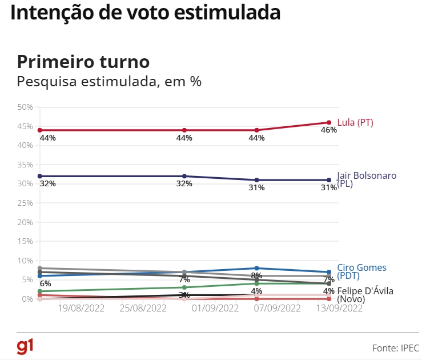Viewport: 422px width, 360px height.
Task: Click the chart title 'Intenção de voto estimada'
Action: coord(146,13)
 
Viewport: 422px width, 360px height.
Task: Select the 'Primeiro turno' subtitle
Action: coord(83,62)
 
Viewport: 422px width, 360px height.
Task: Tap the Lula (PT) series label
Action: coord(355,122)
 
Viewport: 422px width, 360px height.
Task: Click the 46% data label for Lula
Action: coord(329,130)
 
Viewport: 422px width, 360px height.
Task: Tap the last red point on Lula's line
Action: coord(329,122)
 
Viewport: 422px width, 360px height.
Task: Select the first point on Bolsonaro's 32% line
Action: coord(39,176)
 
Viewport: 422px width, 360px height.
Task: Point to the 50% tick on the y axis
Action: coord(25,107)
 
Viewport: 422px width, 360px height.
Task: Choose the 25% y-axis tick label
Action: coord(25,203)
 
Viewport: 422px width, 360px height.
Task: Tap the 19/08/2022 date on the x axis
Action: coord(79,309)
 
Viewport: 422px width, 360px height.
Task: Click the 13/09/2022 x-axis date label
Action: coord(340,309)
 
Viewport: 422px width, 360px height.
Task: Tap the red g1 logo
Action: coord(25,346)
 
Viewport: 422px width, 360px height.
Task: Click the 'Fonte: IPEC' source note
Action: coord(395,347)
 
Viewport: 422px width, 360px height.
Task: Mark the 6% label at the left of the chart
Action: coord(45,283)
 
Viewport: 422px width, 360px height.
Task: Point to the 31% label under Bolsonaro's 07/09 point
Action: coord(256,187)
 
